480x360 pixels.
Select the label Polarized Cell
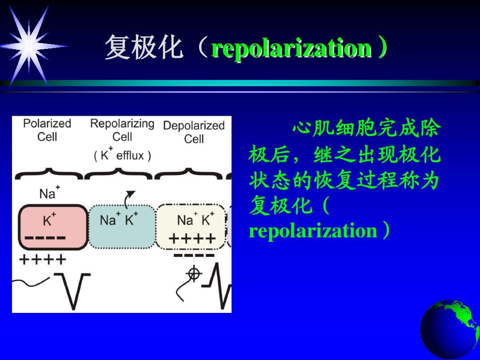click(x=47, y=130)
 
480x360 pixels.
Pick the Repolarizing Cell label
click(x=122, y=130)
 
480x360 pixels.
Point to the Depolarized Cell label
click(x=194, y=132)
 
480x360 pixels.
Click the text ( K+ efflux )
click(x=122, y=155)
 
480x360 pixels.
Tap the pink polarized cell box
click(x=52, y=227)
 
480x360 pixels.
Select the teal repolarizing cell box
click(x=122, y=227)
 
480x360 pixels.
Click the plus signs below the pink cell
click(x=42, y=259)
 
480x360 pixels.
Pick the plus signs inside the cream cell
click(x=192, y=239)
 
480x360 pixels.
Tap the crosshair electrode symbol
click(x=193, y=273)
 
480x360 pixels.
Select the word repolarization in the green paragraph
click(x=313, y=231)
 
